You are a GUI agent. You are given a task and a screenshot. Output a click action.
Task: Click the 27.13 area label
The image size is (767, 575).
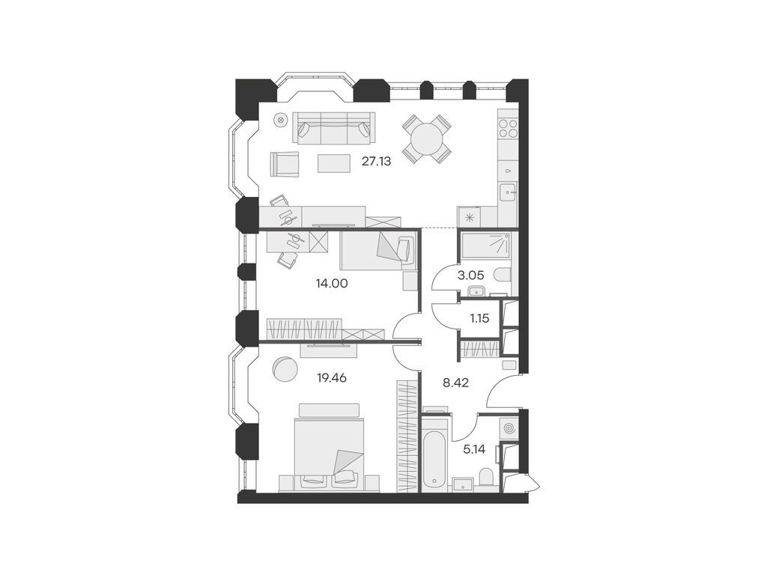click(378, 160)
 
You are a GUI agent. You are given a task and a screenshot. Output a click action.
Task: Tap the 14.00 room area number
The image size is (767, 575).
click(332, 284)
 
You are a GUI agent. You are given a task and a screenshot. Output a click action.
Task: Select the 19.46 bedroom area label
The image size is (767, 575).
click(332, 378)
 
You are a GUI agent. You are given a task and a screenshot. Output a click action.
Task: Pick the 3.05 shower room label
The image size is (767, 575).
click(470, 275)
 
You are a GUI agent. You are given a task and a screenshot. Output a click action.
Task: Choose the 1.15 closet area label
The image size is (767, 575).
click(479, 317)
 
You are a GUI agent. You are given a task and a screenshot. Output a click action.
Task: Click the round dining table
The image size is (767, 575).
click(427, 139)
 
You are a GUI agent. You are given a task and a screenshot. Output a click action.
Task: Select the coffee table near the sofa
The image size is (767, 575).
click(334, 162)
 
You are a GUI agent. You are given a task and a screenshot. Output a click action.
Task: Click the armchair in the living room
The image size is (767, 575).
click(285, 163)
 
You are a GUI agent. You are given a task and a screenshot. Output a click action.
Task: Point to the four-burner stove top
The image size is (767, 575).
click(509, 127)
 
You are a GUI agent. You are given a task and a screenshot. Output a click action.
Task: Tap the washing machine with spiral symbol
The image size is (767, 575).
click(509, 428)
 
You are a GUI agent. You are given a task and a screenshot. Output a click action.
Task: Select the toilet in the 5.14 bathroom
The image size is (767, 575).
click(487, 476)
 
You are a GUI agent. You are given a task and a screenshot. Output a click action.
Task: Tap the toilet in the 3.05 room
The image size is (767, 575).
click(502, 274)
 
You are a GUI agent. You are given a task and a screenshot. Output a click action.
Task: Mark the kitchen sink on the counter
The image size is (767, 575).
click(509, 193)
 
